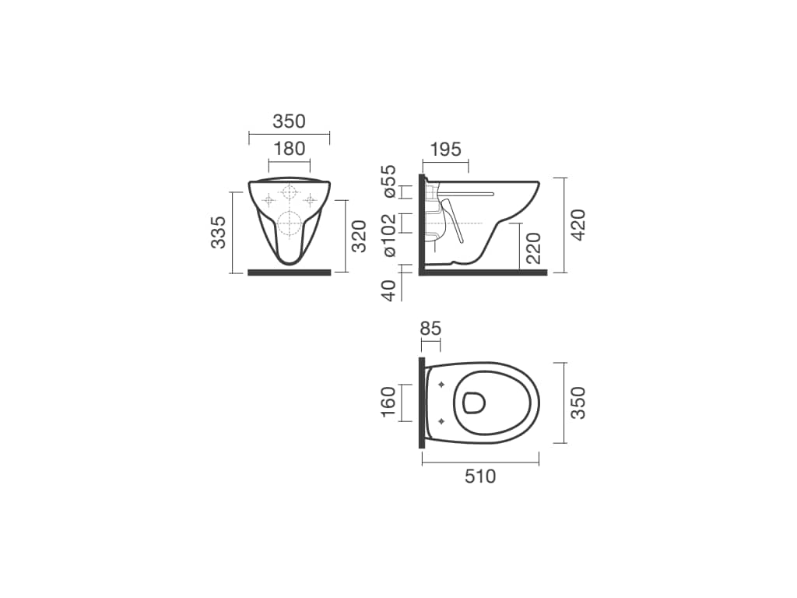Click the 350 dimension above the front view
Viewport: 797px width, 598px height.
[x=290, y=121]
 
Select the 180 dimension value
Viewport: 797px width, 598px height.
[x=290, y=149]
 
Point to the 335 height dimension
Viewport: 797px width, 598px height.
[x=219, y=232]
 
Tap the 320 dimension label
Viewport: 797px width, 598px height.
[x=360, y=236]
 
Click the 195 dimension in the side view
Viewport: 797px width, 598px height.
[x=446, y=149]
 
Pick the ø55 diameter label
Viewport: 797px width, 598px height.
[x=389, y=181]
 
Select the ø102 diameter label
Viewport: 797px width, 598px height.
[x=389, y=235]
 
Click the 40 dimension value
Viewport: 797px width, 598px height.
[x=389, y=291]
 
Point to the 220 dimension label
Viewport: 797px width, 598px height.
[x=533, y=248]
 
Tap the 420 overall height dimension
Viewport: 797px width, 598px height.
[x=578, y=225]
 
